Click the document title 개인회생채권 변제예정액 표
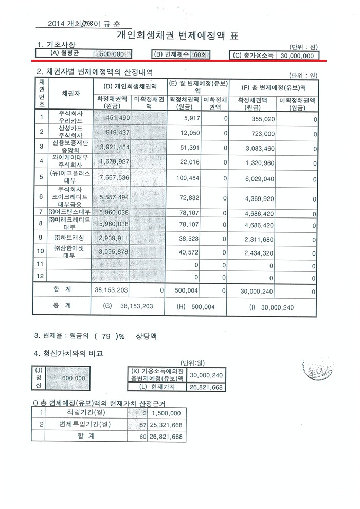(178, 36)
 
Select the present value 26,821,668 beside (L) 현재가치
(206, 387)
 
